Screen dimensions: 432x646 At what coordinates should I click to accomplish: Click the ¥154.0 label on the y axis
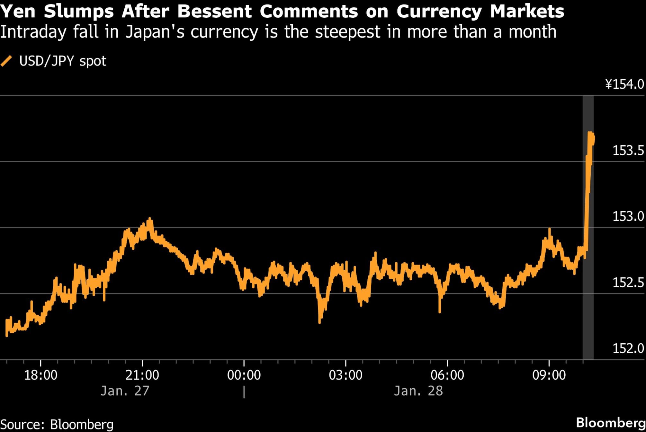(x=625, y=84)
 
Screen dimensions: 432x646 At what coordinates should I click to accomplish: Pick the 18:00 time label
(x=41, y=375)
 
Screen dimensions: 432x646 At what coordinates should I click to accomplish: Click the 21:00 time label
(x=142, y=375)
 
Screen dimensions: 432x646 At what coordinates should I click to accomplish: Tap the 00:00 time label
(x=244, y=375)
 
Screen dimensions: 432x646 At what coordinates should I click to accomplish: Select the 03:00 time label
(x=345, y=375)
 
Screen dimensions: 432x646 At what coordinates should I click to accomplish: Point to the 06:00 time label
(x=447, y=375)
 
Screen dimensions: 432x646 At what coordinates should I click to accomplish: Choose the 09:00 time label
(x=549, y=375)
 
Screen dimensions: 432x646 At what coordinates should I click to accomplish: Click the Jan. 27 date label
(x=125, y=391)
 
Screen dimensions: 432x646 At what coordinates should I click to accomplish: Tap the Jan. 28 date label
(x=418, y=391)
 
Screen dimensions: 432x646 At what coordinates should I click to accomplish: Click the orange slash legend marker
(x=6, y=61)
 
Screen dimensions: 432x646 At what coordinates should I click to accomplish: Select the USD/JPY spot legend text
(x=63, y=61)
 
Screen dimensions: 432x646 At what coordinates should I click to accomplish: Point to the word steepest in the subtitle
(x=347, y=32)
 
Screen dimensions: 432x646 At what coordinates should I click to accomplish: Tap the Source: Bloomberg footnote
(x=57, y=424)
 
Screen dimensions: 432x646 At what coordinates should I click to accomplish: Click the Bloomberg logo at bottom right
(x=611, y=423)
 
